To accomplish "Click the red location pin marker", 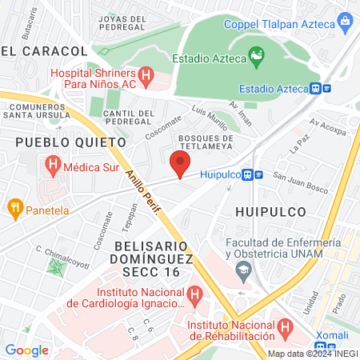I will (180, 166).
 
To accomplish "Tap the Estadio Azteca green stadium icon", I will (256, 55).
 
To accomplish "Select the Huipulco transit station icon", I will (251, 174).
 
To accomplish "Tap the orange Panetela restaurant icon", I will (14, 210).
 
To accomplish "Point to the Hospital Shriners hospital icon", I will (146, 78).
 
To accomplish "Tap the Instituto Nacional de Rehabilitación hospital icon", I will (286, 326).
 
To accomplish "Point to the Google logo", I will (26, 350).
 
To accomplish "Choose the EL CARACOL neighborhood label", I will (38, 50).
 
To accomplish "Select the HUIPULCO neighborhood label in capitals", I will (271, 211).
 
